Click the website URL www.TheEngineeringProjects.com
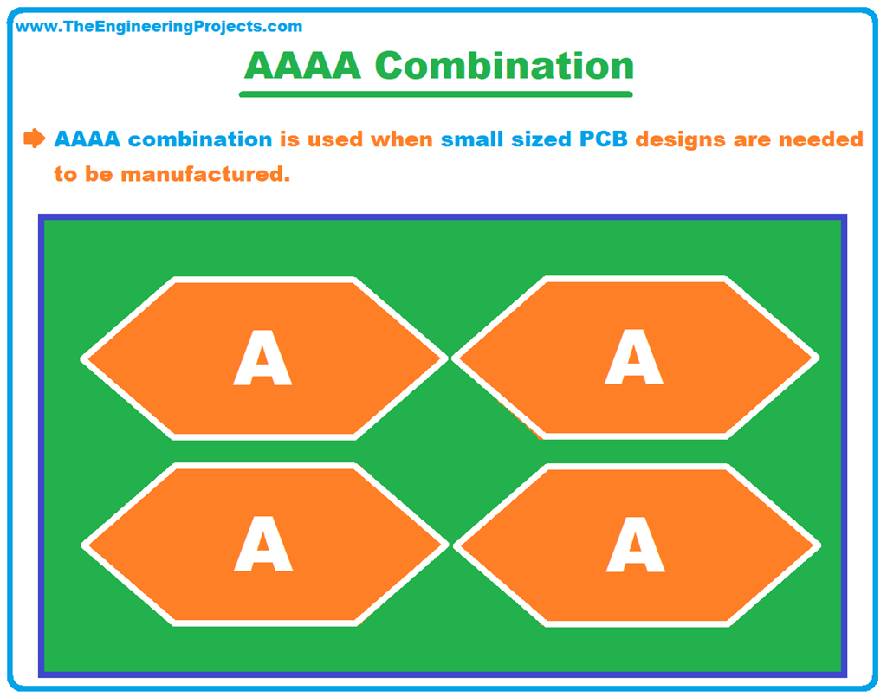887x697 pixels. tap(159, 27)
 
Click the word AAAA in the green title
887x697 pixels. tap(302, 66)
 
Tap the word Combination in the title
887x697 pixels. tap(504, 66)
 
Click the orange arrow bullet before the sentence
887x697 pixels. tap(34, 139)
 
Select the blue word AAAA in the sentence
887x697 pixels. tap(87, 139)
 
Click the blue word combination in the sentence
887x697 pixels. tap(200, 139)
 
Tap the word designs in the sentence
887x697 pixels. tap(683, 139)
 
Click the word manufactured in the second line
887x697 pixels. tap(204, 174)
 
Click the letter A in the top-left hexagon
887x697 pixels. tap(262, 358)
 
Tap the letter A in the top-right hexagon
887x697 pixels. tap(634, 358)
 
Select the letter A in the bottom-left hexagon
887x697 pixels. tap(263, 545)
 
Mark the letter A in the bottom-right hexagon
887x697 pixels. tap(635, 545)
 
